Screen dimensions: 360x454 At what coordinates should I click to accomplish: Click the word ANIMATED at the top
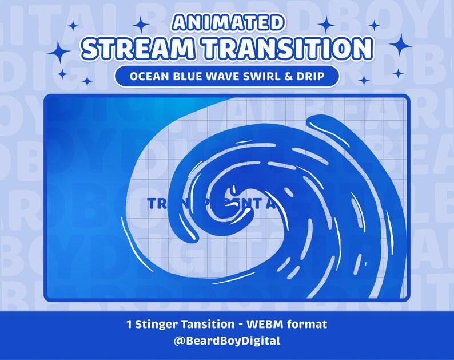coord(227,22)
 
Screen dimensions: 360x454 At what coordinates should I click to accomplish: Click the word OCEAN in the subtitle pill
coord(149,77)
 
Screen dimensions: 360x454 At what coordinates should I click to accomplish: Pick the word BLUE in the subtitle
coord(189,77)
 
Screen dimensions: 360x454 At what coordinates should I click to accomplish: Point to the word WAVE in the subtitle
coord(224,77)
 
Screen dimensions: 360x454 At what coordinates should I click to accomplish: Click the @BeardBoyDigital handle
coord(227,341)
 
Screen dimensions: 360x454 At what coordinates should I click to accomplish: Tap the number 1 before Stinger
coord(130,325)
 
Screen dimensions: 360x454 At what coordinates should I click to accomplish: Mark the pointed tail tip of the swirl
coord(125,218)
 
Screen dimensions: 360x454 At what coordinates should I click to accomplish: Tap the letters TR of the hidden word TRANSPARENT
coord(156,204)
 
